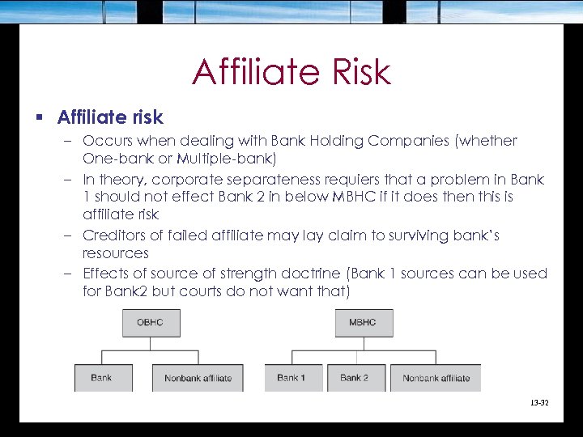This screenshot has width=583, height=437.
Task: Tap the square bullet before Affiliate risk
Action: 39,118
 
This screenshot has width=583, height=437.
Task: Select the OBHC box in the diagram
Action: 151,323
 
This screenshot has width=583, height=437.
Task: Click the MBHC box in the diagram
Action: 364,323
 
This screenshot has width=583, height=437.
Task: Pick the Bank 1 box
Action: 291,378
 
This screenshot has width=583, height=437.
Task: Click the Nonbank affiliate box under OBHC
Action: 198,378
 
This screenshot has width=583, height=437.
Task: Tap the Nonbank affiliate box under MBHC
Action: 436,378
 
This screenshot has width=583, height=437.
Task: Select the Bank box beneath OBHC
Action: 102,378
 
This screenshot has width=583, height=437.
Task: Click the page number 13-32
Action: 539,402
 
